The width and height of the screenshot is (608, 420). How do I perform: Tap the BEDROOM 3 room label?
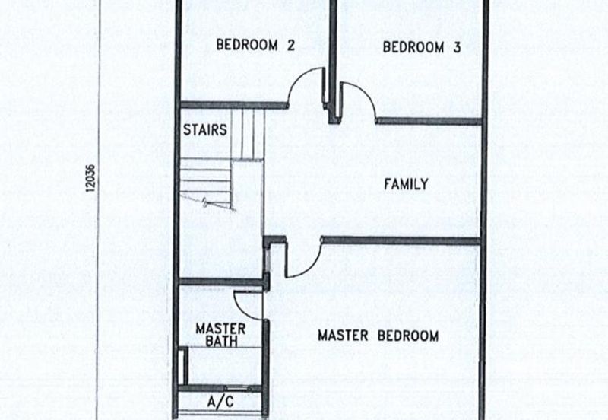point(422,47)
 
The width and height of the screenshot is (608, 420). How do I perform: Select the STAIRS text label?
point(204,129)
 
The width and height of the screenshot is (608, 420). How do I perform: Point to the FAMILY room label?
point(405,184)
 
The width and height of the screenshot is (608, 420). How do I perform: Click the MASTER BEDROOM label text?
point(378,336)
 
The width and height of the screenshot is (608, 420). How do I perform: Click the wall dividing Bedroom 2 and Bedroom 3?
point(332,53)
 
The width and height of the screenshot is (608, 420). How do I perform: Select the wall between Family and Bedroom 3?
point(429,121)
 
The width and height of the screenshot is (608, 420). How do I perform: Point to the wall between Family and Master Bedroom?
point(401,241)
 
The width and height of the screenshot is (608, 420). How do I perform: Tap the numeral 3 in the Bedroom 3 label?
point(457,47)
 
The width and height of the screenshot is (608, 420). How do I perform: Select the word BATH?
point(220,342)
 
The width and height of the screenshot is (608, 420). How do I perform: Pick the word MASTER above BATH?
point(220,329)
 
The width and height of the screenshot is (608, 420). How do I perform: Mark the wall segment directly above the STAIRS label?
point(220,105)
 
